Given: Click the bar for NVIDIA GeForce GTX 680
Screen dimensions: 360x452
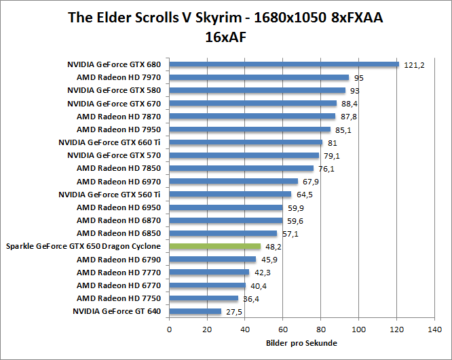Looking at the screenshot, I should pyautogui.click(x=284, y=65).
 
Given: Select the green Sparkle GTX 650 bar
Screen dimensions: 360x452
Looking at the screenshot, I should pyautogui.click(x=214, y=247).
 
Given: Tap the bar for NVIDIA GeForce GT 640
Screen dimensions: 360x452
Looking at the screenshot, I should pyautogui.click(x=195, y=311).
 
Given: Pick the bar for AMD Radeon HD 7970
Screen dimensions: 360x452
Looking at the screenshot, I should pyautogui.click(x=259, y=78).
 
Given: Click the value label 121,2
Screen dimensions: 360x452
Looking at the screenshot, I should pyautogui.click(x=413, y=65).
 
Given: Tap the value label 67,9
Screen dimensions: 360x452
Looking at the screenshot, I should pyautogui.click(x=312, y=182).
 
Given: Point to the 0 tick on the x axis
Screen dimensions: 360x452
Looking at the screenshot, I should pyautogui.click(x=169, y=329).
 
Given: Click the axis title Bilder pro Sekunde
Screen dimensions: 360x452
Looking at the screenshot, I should pyautogui.click(x=301, y=343).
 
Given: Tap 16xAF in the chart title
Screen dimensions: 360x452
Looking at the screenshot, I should pyautogui.click(x=225, y=38).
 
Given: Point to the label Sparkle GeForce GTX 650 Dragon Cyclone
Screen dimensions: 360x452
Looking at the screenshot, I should pyautogui.click(x=83, y=246).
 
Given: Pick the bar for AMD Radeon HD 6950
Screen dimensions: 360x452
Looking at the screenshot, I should pyautogui.click(x=225, y=207).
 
